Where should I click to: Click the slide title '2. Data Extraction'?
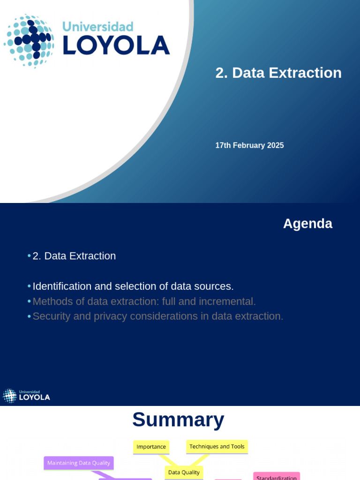pyautogui.click(x=278, y=73)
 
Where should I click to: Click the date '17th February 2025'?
pyautogui.click(x=249, y=145)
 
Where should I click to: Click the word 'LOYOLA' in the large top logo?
pyautogui.click(x=116, y=45)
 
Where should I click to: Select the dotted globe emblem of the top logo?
pyautogui.click(x=30, y=41)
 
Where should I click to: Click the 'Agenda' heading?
pyautogui.click(x=307, y=224)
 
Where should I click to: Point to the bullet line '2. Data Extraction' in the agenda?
pyautogui.click(x=74, y=256)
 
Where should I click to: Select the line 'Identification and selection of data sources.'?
pyautogui.click(x=133, y=286)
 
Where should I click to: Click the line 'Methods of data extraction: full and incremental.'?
pyautogui.click(x=144, y=301)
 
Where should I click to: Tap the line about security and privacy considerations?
pyautogui.click(x=158, y=316)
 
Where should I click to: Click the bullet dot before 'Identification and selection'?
pyautogui.click(x=29, y=286)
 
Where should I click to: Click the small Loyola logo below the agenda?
pyautogui.click(x=27, y=396)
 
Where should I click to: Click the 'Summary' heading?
pyautogui.click(x=178, y=420)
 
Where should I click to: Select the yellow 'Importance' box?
pyautogui.click(x=151, y=447)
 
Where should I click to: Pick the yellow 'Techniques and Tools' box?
pyautogui.click(x=217, y=447)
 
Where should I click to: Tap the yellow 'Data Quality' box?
pyautogui.click(x=184, y=472)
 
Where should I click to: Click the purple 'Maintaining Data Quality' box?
pyautogui.click(x=79, y=463)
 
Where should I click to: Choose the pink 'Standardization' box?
pyautogui.click(x=277, y=477)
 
